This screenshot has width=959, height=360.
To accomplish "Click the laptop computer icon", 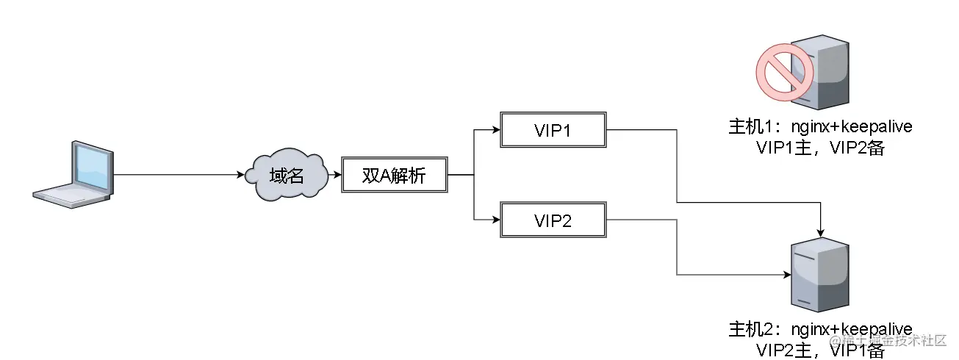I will [74, 176].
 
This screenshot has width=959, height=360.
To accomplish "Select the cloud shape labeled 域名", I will [287, 176].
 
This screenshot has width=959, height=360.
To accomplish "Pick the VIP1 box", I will [553, 131].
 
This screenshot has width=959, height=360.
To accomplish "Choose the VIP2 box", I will [553, 219].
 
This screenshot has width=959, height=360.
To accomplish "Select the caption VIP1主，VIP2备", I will [819, 147].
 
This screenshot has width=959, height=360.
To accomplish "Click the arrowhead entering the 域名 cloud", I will [240, 176].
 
